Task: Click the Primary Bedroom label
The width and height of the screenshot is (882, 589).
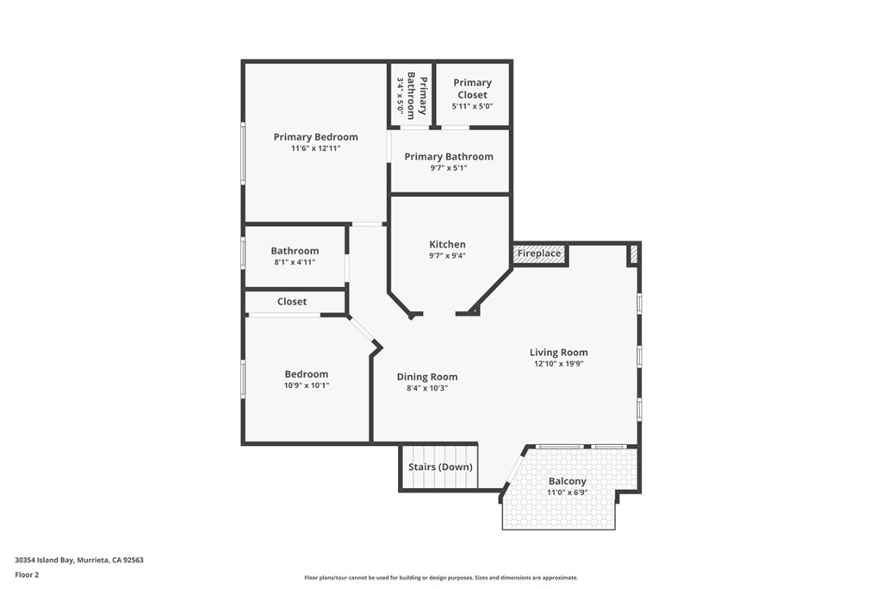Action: tap(315, 137)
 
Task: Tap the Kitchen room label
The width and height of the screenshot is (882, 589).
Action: tap(447, 245)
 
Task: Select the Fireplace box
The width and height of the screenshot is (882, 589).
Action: tap(539, 254)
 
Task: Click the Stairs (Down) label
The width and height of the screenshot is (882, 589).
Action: tap(440, 467)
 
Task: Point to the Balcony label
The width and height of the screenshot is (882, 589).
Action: tap(567, 481)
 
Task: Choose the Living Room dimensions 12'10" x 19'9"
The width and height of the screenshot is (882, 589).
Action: tap(559, 364)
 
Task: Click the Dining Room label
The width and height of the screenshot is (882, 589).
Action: tap(426, 377)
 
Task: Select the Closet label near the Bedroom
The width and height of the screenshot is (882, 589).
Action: tap(292, 302)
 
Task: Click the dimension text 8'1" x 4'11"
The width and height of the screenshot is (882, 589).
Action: tap(295, 262)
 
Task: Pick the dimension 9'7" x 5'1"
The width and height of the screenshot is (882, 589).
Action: tap(449, 168)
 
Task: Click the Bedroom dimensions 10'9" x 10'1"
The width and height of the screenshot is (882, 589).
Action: tap(307, 385)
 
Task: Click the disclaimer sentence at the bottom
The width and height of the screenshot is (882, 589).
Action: tap(441, 578)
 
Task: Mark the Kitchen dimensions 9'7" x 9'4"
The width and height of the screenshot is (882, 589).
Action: tap(447, 255)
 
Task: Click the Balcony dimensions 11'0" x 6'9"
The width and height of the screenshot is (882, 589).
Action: tap(567, 492)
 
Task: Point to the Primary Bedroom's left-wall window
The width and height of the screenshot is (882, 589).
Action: tap(244, 153)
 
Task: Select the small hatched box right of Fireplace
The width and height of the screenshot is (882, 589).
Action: tap(632, 254)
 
